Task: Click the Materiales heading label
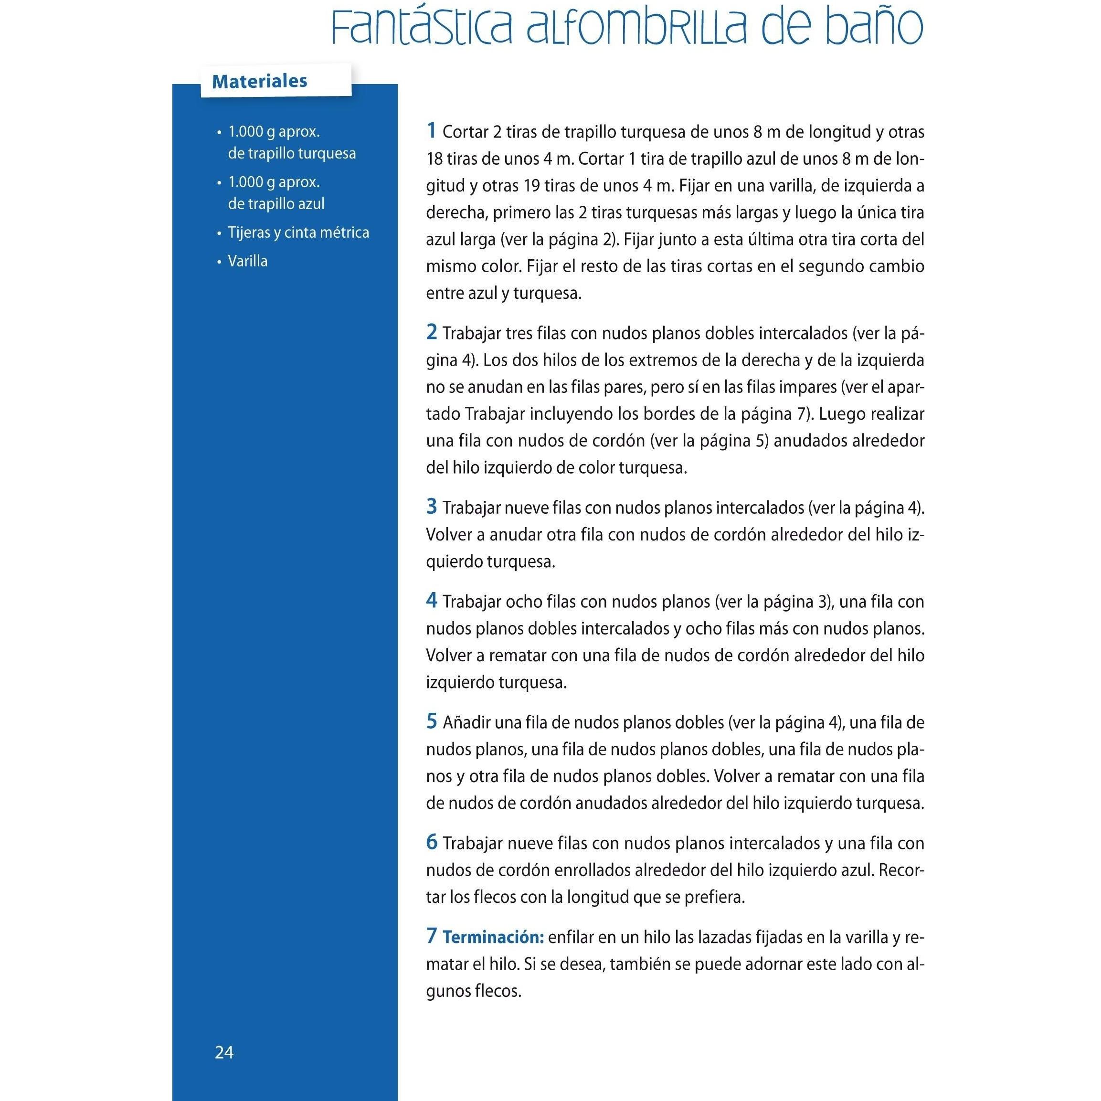coord(259,81)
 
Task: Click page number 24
coord(224,1052)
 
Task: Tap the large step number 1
coord(432,130)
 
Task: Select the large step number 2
coord(432,332)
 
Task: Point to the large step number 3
coord(432,506)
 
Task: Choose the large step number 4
coord(432,600)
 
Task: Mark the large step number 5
coord(432,721)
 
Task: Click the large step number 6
coord(432,842)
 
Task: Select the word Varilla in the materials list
coord(247,261)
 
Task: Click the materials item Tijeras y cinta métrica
coord(298,233)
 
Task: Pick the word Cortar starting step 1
coord(466,132)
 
